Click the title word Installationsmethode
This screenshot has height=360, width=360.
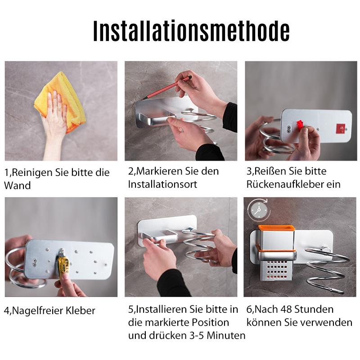pyautogui.click(x=191, y=31)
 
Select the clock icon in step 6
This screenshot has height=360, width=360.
pyautogui.click(x=257, y=209)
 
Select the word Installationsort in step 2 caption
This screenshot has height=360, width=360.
pyautogui.click(x=162, y=184)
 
